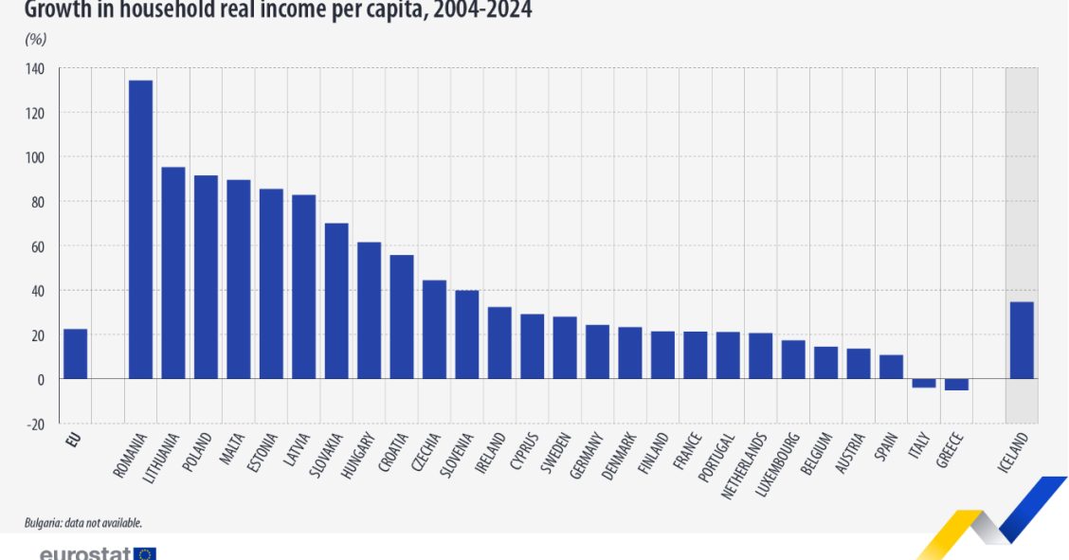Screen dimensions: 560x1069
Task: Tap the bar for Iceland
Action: coord(1021,340)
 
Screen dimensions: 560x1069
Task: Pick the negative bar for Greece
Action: coord(956,384)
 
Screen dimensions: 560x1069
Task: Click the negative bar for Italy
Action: coord(923,383)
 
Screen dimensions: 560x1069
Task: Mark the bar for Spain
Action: coord(891,367)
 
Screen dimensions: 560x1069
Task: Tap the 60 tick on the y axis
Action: coord(36,246)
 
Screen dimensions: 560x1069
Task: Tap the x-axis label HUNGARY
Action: coord(361,457)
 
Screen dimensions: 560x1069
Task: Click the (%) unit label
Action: coord(35,40)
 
